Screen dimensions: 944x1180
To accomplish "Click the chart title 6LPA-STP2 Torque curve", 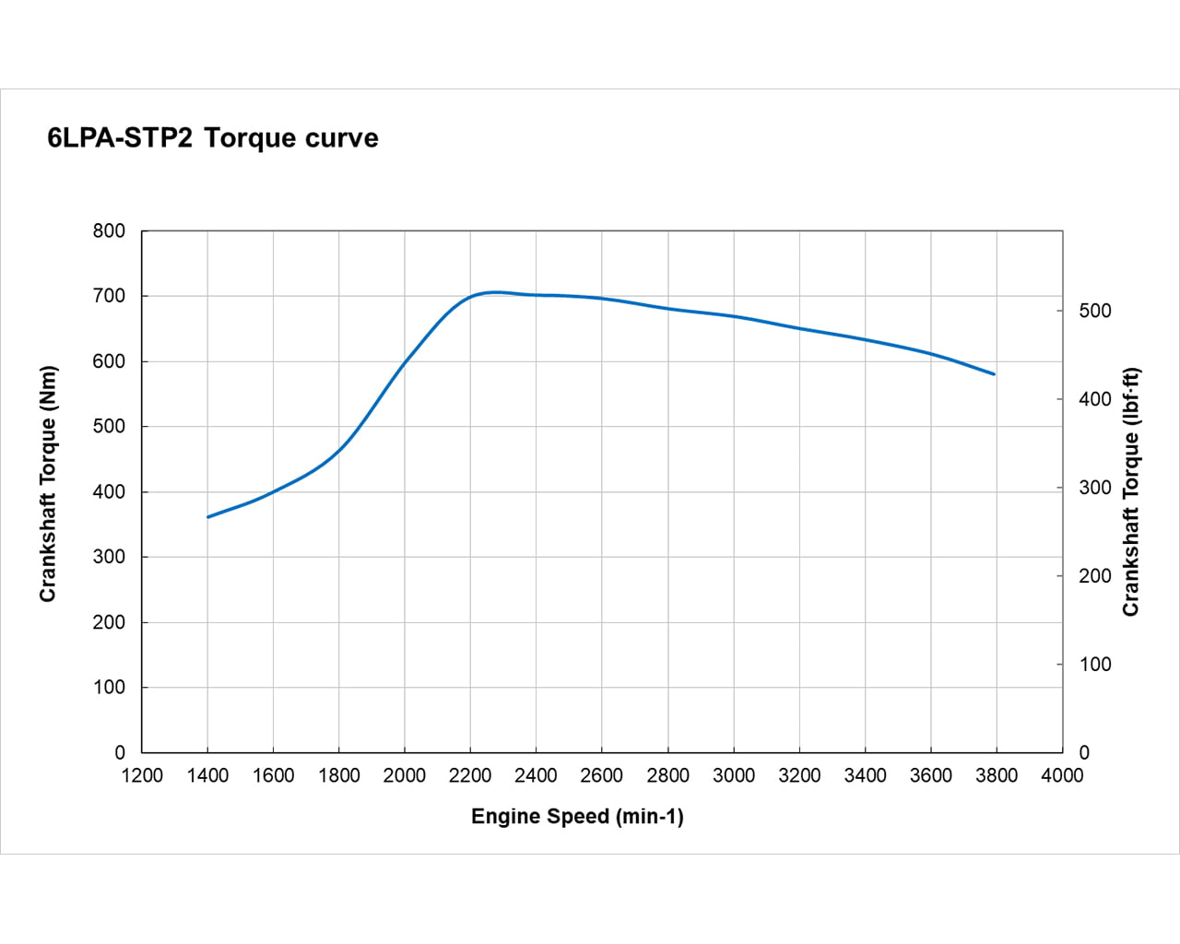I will click(213, 138).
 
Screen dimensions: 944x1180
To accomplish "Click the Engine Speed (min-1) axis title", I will click(577, 816).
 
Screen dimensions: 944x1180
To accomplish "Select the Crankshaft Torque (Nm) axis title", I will click(48, 484).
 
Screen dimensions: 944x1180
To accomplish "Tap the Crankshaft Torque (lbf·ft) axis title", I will click(1131, 492).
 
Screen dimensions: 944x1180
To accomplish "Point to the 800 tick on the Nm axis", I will click(110, 231).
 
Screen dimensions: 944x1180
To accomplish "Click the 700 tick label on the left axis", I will click(110, 296).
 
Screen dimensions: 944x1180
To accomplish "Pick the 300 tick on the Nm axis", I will click(110, 557).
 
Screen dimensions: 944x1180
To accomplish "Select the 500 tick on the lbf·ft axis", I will click(1095, 311).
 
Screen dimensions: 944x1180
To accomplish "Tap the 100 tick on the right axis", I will click(1095, 664).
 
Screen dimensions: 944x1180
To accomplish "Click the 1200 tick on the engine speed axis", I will click(142, 775).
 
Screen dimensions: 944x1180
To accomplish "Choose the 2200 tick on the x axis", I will click(470, 775).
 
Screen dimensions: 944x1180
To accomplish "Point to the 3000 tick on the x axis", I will click(734, 775).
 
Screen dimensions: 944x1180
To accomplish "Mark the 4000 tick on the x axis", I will click(1062, 775).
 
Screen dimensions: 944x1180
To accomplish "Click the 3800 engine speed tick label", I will click(997, 775).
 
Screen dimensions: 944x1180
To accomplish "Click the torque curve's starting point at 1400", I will click(208, 517).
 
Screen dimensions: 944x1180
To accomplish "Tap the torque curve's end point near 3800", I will click(994, 374).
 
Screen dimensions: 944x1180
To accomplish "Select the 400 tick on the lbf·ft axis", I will click(1095, 399).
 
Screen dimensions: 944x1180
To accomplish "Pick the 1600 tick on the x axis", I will click(274, 775).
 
